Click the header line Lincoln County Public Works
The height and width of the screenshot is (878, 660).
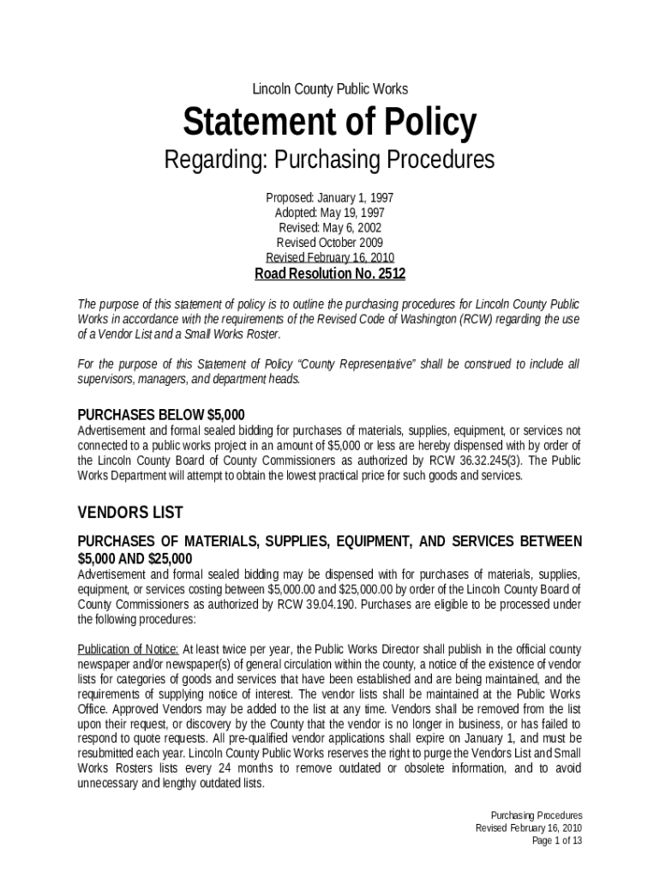(x=329, y=89)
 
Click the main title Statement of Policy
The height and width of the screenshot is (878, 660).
(x=329, y=123)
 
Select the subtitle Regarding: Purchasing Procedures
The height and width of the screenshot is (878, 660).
(x=329, y=160)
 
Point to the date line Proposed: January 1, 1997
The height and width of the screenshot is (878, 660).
(x=329, y=197)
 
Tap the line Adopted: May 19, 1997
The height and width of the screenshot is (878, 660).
(x=329, y=213)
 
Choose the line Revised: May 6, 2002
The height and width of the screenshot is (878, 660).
(x=329, y=228)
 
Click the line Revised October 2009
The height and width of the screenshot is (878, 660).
(x=329, y=243)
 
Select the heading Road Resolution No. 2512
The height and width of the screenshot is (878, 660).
(x=329, y=274)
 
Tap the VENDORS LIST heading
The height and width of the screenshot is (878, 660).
(x=130, y=513)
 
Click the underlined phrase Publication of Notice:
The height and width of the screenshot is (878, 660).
(x=129, y=648)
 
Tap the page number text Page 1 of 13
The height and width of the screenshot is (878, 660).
(x=557, y=841)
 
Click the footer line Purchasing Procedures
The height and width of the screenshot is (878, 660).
(x=537, y=815)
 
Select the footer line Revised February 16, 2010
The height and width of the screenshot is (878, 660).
(x=529, y=828)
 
